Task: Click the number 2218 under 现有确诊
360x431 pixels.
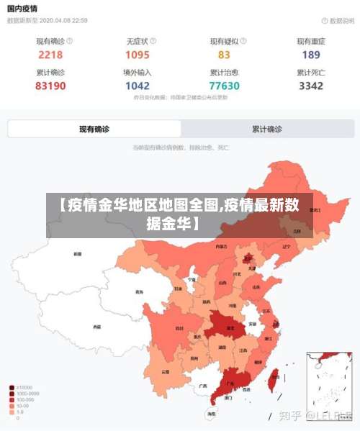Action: tap(50, 55)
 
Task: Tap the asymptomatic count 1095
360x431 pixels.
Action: tap(137, 55)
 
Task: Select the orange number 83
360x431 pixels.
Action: tap(224, 55)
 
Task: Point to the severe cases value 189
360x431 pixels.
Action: tap(311, 55)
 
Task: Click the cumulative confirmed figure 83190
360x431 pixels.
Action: tap(50, 86)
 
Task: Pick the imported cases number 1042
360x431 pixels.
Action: tap(137, 86)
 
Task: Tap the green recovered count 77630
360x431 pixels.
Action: tap(224, 86)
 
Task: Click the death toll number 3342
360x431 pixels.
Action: tap(311, 86)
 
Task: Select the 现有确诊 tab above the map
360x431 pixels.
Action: tap(94, 130)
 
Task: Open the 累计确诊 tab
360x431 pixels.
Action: tap(267, 130)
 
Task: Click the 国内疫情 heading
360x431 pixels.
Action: tap(23, 9)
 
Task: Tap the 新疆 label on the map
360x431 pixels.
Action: tap(78, 254)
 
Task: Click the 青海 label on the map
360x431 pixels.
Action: tap(139, 292)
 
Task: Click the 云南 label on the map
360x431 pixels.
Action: tap(166, 371)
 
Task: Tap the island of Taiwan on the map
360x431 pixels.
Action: tap(273, 381)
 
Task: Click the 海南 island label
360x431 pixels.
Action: tap(210, 414)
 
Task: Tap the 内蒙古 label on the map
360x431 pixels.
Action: tap(220, 246)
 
